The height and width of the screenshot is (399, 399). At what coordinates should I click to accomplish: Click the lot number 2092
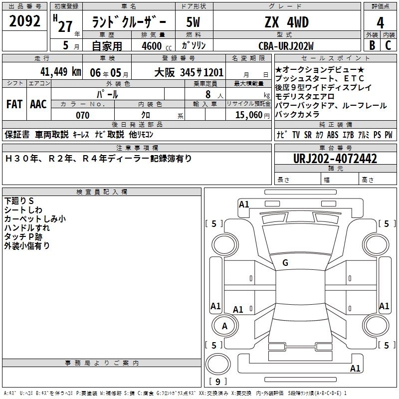coord(24,21)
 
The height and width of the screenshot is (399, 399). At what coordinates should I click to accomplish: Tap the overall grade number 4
coord(380,22)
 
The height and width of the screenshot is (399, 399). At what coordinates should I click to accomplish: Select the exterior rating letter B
coord(372,45)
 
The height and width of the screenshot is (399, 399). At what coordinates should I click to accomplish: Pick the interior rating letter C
coord(388,45)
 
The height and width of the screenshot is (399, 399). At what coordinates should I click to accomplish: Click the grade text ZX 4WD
coord(286,22)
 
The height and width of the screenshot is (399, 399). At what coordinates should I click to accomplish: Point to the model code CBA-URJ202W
coord(286,46)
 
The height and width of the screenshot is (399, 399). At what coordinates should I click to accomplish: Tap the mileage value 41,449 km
coord(60,71)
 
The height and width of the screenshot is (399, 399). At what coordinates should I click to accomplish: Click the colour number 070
coord(82,115)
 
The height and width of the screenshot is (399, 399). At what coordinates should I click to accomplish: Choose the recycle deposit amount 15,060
coord(248,115)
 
